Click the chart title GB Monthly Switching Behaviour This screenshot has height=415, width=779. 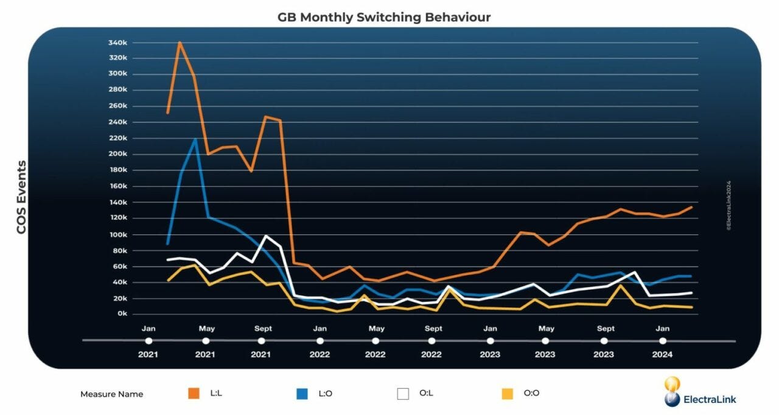tap(384, 17)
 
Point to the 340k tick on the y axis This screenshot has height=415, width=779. tap(117, 43)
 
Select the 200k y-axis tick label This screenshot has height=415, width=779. tap(117, 154)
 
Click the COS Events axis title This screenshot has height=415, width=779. tap(21, 197)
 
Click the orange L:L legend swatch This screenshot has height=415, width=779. tap(194, 394)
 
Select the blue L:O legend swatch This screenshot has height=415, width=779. tap(302, 394)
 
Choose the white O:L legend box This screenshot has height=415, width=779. tap(403, 394)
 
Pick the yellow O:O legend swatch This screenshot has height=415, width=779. tap(507, 394)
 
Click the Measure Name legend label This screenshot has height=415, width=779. tap(111, 394)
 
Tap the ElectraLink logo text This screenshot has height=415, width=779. tap(710, 399)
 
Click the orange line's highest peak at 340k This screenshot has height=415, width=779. tap(180, 43)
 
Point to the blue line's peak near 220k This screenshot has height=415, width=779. tap(195, 139)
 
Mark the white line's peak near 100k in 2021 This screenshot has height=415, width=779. tap(266, 235)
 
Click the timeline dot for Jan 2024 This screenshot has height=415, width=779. tap(663, 341)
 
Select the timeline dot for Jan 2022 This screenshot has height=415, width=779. tap(320, 341)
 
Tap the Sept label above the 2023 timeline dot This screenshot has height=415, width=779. tap(606, 329)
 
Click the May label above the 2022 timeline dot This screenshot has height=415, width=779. tap(376, 329)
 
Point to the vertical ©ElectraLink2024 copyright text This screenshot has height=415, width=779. tap(728, 204)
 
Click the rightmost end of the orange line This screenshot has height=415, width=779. tap(692, 207)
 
